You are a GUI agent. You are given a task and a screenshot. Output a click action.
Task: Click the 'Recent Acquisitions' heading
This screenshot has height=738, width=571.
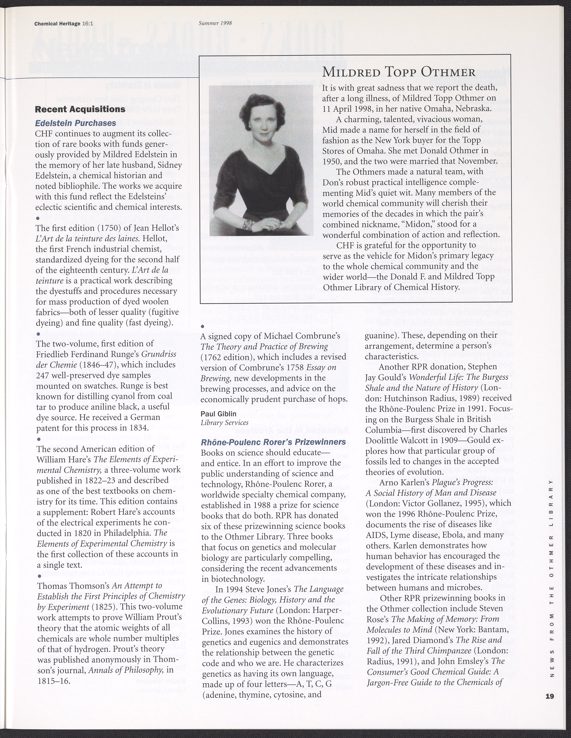80,110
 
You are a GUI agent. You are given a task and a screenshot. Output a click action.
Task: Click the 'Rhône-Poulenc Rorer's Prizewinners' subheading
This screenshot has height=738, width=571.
273,442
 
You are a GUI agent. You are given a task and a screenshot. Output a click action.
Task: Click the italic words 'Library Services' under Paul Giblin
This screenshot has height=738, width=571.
225,422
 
